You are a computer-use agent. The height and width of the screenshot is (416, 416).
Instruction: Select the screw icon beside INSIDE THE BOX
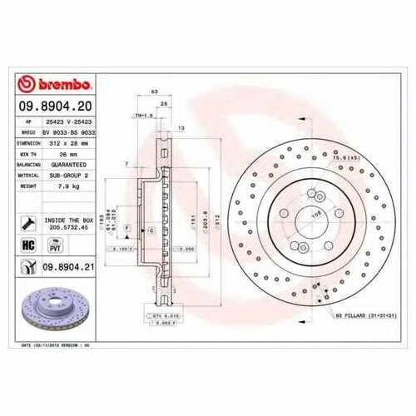(28, 223)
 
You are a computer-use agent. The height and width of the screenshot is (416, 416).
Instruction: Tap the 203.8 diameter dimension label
(205, 213)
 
